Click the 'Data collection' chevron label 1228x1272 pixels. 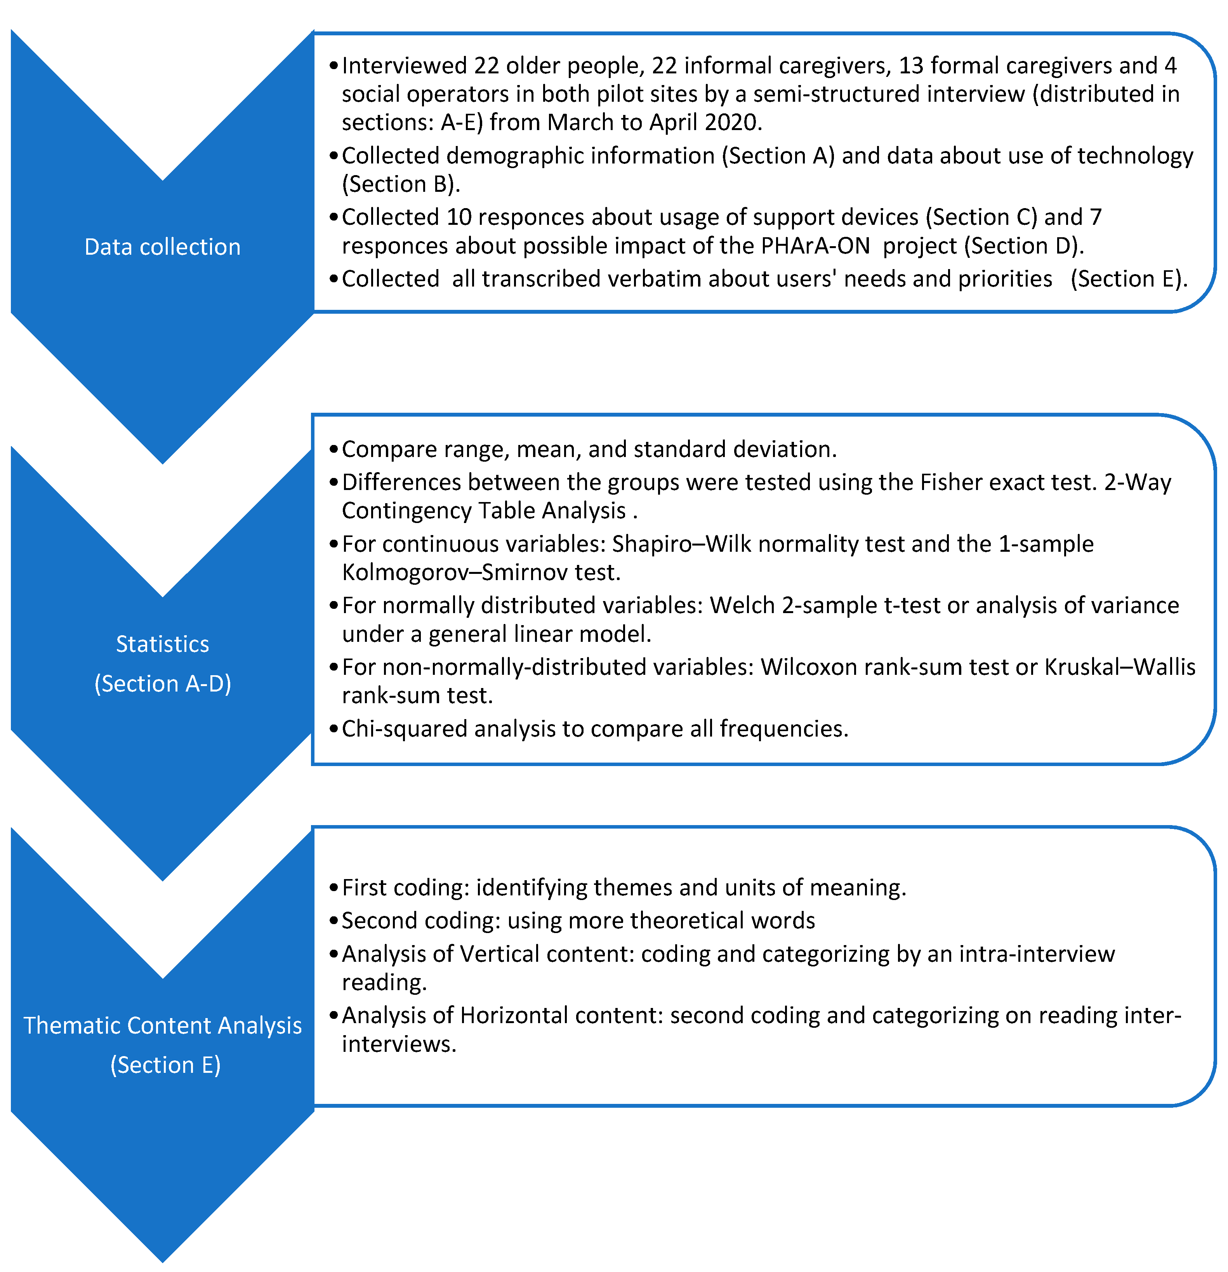162,247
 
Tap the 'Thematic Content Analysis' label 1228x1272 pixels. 162,1025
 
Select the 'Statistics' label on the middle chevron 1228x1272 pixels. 162,644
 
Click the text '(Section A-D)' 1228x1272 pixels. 162,683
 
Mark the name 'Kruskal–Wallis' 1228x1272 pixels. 1120,667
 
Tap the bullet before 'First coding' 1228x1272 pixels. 333,888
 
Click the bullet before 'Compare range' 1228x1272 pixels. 333,450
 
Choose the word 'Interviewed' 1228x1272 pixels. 405,66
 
